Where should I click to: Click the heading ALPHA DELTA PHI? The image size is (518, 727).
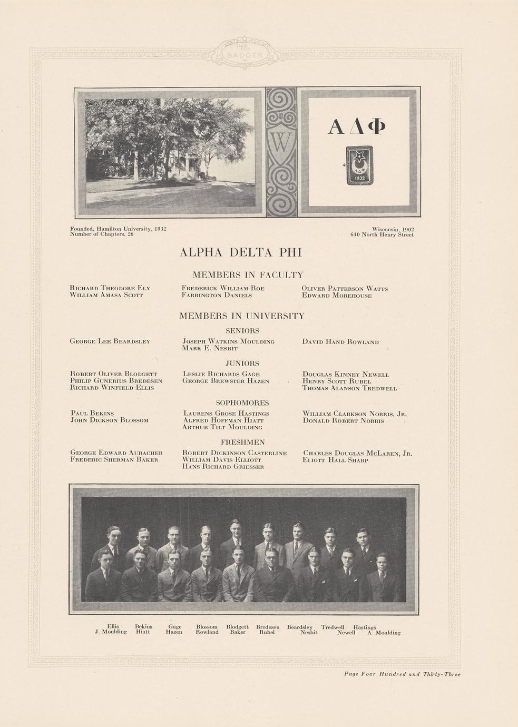tap(241, 252)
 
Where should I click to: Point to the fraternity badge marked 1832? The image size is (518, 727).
tap(359, 165)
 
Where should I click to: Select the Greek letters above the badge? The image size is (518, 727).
tap(357, 126)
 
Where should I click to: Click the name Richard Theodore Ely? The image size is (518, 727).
tap(110, 288)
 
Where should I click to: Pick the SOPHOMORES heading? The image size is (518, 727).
tap(242, 403)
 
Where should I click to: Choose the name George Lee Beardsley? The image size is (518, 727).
tap(110, 341)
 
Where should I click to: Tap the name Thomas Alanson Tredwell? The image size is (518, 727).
tap(349, 388)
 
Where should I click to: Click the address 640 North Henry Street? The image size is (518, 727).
tap(382, 235)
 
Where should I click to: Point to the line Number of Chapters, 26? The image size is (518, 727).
tap(102, 234)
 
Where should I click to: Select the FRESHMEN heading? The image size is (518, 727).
tap(242, 443)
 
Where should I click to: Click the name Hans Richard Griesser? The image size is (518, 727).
tap(223, 467)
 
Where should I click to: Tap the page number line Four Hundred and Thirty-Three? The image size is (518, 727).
tap(402, 674)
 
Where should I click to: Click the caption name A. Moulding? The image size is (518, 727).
tap(384, 633)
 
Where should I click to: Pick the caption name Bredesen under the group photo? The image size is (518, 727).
tap(268, 627)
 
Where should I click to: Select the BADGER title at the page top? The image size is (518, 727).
tap(245, 55)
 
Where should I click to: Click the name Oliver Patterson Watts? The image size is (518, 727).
tap(345, 289)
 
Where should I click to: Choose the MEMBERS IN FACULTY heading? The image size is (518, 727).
tap(248, 275)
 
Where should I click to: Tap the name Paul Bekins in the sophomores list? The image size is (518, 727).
tap(92, 414)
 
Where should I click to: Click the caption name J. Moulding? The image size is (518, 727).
tap(111, 632)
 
